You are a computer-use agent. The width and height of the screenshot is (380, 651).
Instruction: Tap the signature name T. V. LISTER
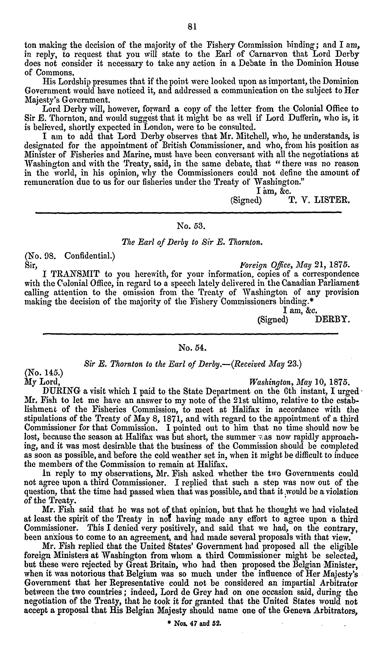(319, 200)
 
